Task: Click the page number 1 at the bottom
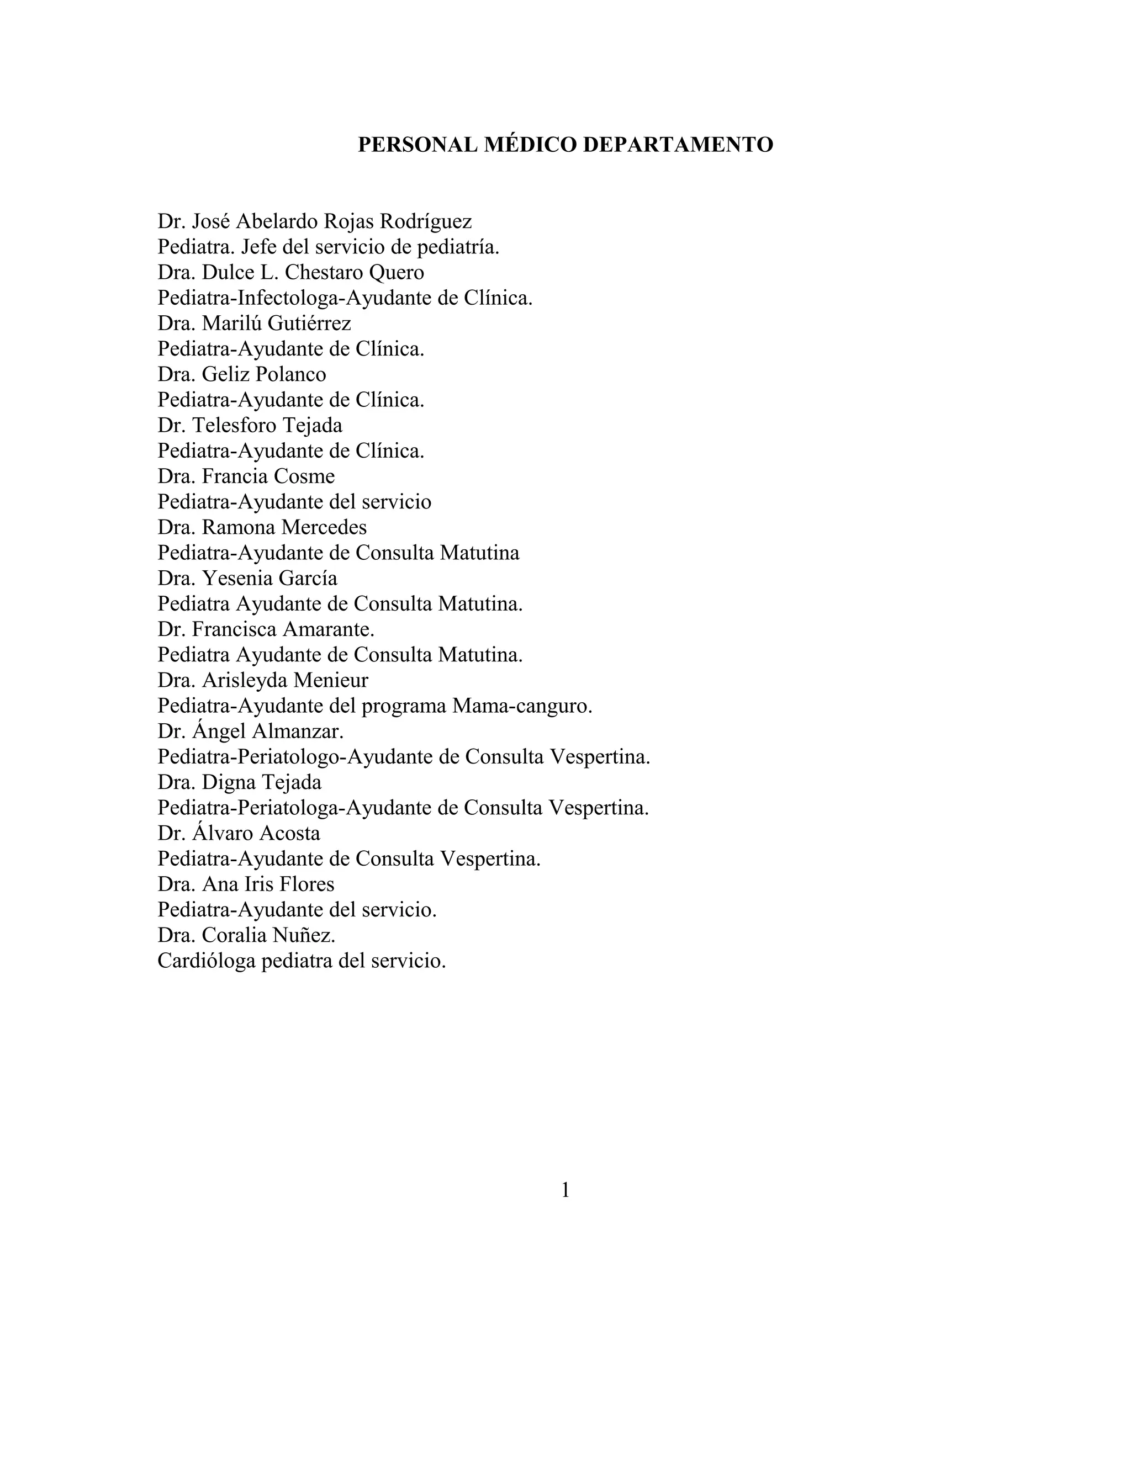(x=565, y=1190)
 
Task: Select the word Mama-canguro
(x=522, y=706)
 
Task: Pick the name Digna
(x=229, y=782)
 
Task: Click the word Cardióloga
(x=207, y=961)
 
